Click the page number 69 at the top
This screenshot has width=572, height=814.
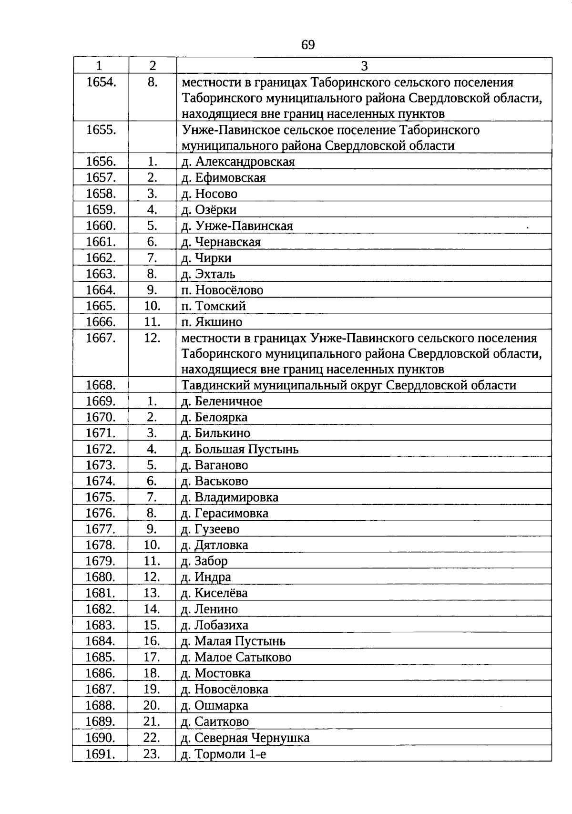tap(308, 45)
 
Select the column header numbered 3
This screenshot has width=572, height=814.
tap(364, 66)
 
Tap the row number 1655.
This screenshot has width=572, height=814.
tap(101, 130)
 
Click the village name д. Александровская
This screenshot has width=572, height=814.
tap(238, 162)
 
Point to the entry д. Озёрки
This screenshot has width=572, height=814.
tap(209, 210)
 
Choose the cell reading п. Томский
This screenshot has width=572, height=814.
tap(214, 306)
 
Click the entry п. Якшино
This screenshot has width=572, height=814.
tap(212, 322)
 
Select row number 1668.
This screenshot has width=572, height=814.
tap(101, 385)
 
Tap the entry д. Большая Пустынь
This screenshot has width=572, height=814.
tap(240, 449)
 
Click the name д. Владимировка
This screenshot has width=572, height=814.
tap(230, 497)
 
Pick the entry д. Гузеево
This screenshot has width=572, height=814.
tap(210, 529)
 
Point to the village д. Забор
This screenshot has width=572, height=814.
tap(204, 561)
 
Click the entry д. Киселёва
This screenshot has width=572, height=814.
tap(214, 593)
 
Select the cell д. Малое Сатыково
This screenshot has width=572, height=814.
tap(236, 657)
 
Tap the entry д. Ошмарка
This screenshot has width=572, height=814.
tap(214, 705)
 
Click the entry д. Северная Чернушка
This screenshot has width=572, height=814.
tap(245, 738)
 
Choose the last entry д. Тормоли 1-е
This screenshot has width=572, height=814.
tap(224, 754)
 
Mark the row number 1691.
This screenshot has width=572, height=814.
tap(101, 754)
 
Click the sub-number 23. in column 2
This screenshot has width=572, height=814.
tap(152, 754)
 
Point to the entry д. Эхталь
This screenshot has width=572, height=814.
tap(208, 274)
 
